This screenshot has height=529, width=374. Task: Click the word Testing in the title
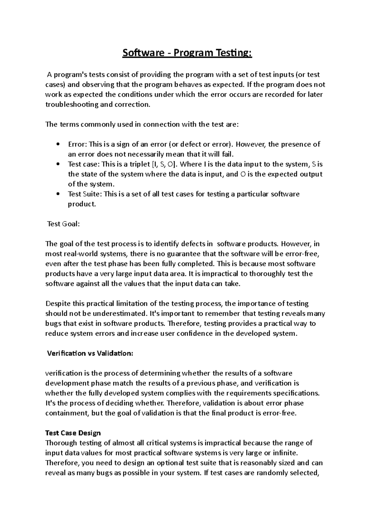(x=234, y=53)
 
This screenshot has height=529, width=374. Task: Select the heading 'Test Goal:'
(x=63, y=224)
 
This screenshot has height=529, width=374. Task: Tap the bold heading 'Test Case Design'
(x=73, y=433)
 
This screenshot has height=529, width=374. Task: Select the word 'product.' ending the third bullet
(x=82, y=204)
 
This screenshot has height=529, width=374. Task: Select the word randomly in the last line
(x=272, y=473)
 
